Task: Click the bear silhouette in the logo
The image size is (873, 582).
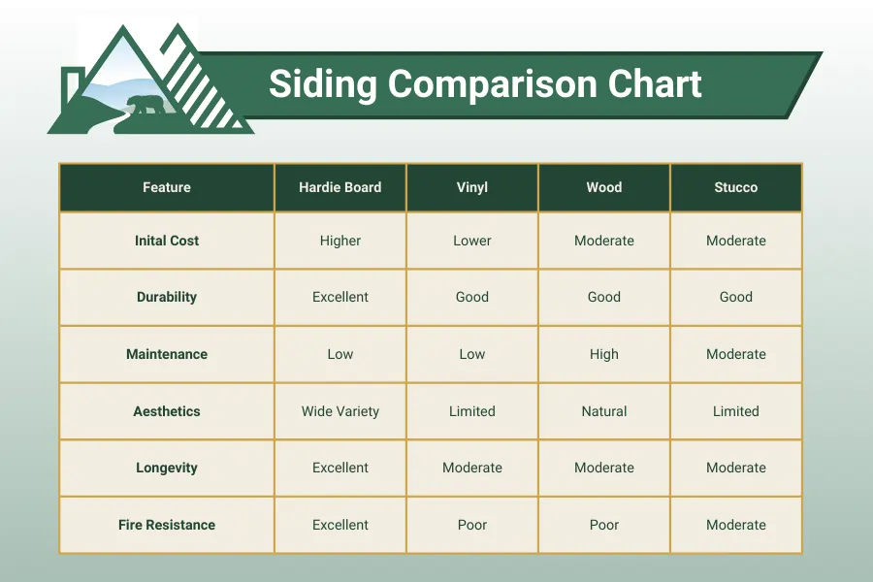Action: point(145,105)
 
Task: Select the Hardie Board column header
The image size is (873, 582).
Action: point(340,187)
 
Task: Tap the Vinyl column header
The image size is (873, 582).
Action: point(472,187)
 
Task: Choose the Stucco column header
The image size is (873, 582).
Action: point(736,187)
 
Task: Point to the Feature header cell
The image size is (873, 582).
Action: point(167,187)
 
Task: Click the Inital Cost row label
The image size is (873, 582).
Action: point(167,241)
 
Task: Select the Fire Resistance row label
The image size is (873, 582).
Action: point(167,525)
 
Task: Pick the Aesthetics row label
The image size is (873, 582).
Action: point(167,411)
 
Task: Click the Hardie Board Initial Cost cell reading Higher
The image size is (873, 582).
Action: point(340,241)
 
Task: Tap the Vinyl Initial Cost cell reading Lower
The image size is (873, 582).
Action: point(472,241)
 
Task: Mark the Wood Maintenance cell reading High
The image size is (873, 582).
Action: point(604,354)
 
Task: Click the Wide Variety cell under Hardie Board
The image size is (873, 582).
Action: point(340,411)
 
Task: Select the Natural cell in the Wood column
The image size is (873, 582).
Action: point(604,411)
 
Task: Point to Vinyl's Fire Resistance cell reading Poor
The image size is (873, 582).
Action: point(472,525)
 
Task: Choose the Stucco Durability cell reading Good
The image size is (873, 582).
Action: point(736,297)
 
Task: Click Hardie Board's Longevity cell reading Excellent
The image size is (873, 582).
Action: point(340,468)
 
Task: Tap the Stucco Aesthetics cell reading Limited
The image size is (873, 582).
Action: point(736,411)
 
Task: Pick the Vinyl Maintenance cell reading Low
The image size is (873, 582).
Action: point(472,354)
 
